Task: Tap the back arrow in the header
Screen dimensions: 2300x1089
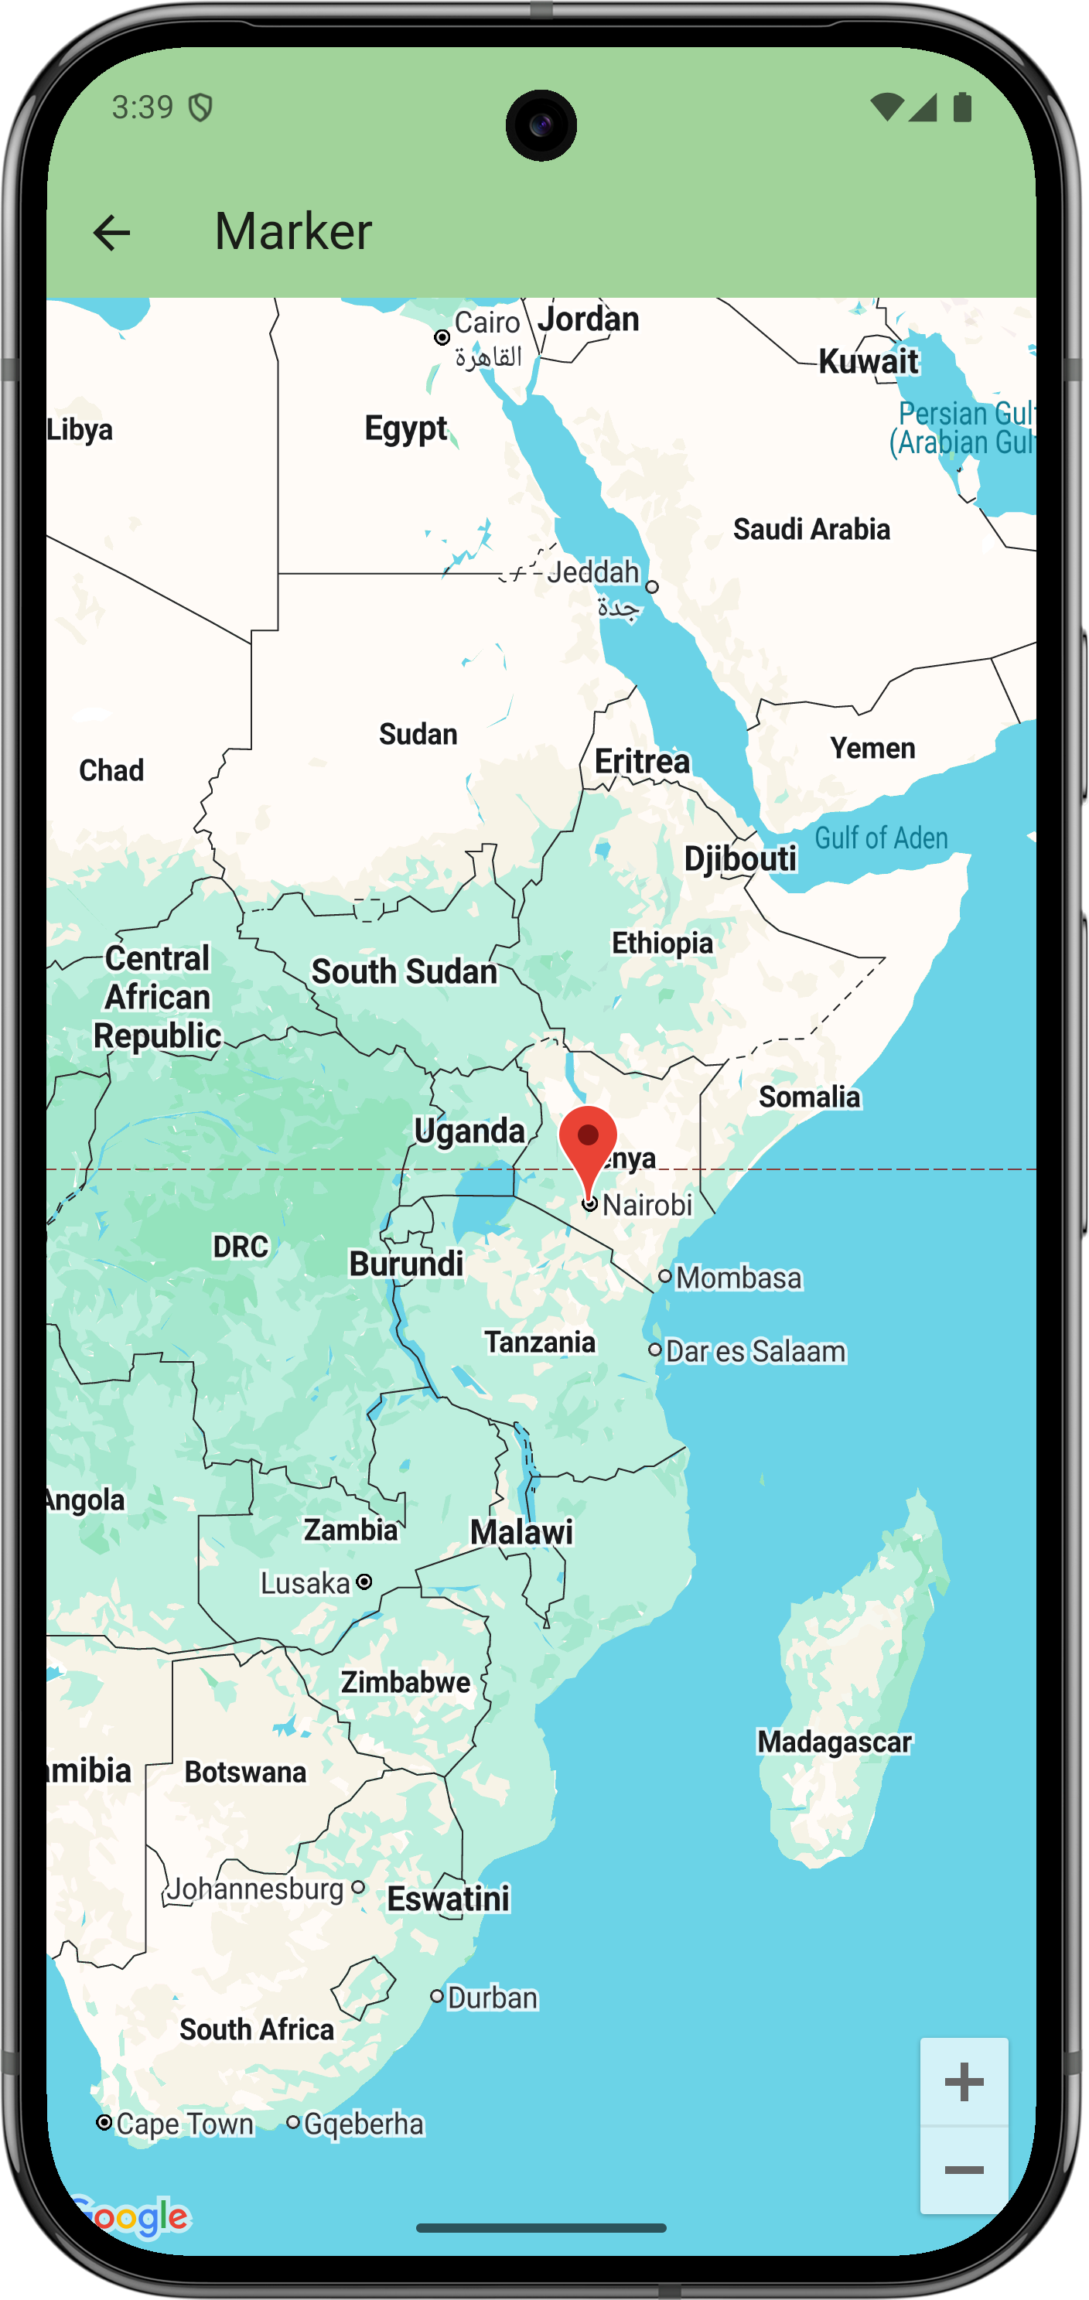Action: tap(111, 233)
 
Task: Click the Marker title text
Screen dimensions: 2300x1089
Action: tap(293, 232)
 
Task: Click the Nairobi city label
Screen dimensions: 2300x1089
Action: tap(647, 1206)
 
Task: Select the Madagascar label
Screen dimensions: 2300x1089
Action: tap(834, 1742)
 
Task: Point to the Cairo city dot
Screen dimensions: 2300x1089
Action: tap(442, 337)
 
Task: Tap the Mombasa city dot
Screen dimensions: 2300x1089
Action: tap(665, 1277)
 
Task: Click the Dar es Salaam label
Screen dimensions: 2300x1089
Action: tap(755, 1351)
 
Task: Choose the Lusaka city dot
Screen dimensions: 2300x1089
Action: tap(364, 1582)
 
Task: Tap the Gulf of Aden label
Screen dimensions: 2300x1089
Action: tap(881, 838)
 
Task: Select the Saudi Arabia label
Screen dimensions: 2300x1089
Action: tap(811, 530)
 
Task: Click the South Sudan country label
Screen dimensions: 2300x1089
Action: tap(405, 971)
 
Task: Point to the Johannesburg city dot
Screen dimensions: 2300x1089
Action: tap(358, 1888)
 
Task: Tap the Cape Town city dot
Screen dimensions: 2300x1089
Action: tap(104, 2122)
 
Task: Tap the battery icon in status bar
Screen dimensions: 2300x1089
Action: tap(962, 107)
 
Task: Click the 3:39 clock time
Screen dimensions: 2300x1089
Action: tap(143, 107)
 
